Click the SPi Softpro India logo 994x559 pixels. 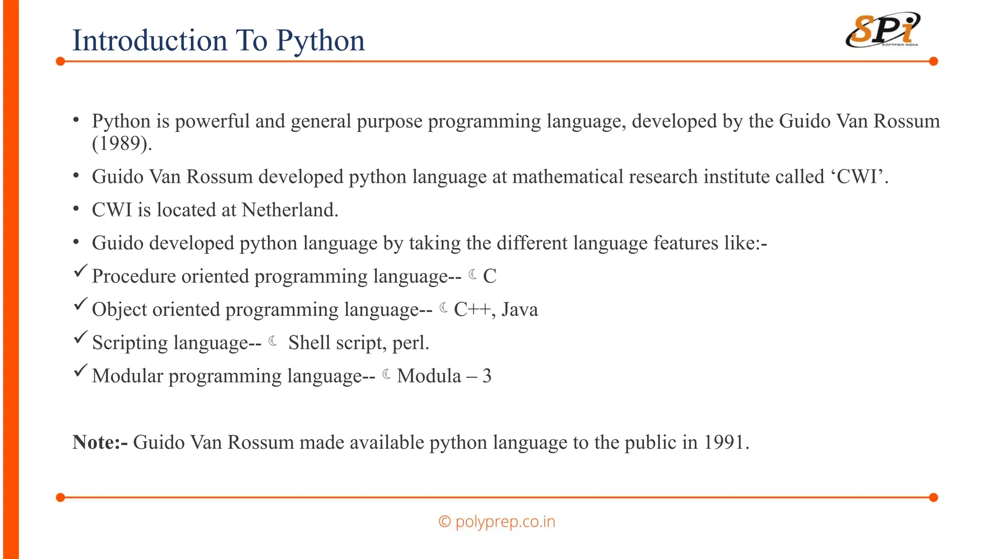pyautogui.click(x=883, y=31)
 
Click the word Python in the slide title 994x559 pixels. pyautogui.click(x=320, y=41)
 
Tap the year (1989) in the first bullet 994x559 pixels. pyautogui.click(x=122, y=144)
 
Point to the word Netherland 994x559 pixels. pyautogui.click(x=289, y=210)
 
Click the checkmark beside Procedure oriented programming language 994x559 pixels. pyautogui.click(x=81, y=271)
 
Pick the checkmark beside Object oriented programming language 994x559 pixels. pyautogui.click(x=81, y=305)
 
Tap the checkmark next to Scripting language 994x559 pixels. pyautogui.click(x=81, y=338)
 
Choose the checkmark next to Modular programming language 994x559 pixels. pyautogui.click(x=81, y=371)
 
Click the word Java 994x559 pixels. pyautogui.click(x=520, y=310)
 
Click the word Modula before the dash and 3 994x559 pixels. pyautogui.click(x=429, y=376)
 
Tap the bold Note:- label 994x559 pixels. pyautogui.click(x=100, y=443)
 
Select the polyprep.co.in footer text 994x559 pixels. pyautogui.click(x=505, y=522)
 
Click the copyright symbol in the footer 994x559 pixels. pyautogui.click(x=444, y=522)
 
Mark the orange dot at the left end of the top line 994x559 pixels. pyautogui.click(x=60, y=61)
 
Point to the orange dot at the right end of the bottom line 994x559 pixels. pyautogui.click(x=933, y=497)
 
